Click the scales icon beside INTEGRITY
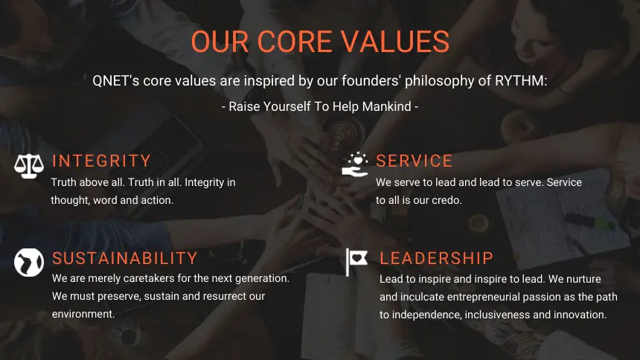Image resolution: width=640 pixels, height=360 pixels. point(29,166)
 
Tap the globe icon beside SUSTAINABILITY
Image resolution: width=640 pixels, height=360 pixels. point(29,263)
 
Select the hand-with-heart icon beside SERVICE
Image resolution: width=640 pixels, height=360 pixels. point(355,164)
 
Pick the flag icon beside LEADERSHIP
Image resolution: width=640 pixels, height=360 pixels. point(356,262)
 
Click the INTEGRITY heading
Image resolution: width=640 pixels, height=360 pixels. point(102,161)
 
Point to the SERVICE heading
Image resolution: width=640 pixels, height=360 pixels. point(414,161)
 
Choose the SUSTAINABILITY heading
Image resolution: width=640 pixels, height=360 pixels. point(125,258)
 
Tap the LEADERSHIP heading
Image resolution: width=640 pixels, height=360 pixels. point(436,258)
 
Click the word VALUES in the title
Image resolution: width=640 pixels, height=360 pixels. point(395,42)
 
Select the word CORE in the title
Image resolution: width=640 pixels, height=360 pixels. point(294,42)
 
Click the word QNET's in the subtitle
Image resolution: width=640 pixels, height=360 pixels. point(116,81)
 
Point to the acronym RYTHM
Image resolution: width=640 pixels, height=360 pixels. point(520,81)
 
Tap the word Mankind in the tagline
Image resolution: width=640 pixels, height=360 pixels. point(386,106)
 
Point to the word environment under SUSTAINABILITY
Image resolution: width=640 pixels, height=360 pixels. point(83,315)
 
